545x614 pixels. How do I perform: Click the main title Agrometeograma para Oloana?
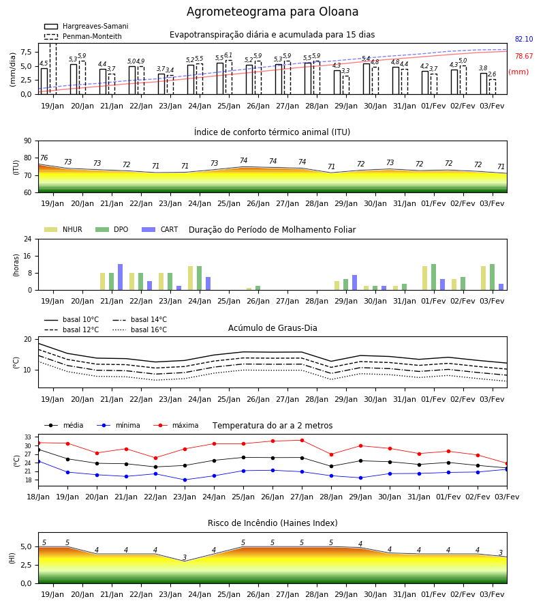pos(272,12)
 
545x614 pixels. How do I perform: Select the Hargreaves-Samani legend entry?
pos(86,26)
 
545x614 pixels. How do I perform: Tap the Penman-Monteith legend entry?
pos(83,36)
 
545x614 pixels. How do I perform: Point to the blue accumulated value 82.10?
pos(524,39)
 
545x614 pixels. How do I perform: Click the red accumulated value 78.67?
pos(524,57)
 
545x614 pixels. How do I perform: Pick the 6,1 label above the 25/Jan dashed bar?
pos(228,55)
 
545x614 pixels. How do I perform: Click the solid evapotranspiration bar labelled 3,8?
pos(484,84)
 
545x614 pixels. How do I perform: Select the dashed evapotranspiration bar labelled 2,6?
pos(493,87)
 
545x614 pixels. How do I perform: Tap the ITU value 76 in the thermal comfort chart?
pos(44,158)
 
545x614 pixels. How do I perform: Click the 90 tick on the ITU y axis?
pos(28,141)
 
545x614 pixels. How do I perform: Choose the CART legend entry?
pos(160,229)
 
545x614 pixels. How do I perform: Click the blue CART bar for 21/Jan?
pos(121,277)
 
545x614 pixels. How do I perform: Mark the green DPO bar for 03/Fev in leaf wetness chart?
pos(493,277)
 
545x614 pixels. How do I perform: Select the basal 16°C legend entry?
pos(140,330)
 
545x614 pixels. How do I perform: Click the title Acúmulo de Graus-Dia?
pos(272,327)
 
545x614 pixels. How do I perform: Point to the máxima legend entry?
pos(176,425)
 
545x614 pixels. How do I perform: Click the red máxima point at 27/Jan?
pos(302,441)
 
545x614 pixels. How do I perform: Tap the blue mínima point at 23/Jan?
pos(185,480)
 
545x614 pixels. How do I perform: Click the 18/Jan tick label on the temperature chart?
pos(38,497)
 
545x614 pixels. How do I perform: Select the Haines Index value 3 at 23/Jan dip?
pos(185,557)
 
